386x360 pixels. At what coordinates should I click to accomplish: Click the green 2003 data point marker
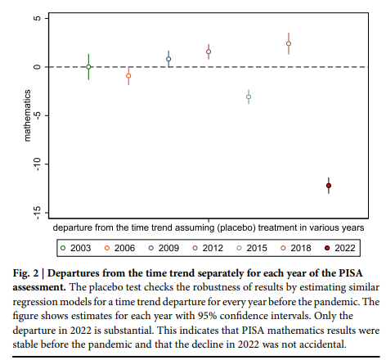pos(88,66)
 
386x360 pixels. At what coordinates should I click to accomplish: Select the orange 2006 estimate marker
pos(128,75)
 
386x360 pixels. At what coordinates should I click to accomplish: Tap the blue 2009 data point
pos(168,59)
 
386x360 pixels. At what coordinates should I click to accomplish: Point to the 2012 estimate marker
pos(209,52)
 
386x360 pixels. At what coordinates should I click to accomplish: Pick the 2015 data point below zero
pos(249,97)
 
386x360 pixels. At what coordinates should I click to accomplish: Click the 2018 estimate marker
pos(289,44)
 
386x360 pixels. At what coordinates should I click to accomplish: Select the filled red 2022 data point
pos(329,187)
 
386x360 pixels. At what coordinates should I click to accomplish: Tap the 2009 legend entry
pos(164,246)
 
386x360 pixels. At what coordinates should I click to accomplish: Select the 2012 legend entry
pos(208,246)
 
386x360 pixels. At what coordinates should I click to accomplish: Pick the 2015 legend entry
pos(251,246)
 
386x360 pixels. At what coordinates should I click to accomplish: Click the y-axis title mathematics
pos(27,115)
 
